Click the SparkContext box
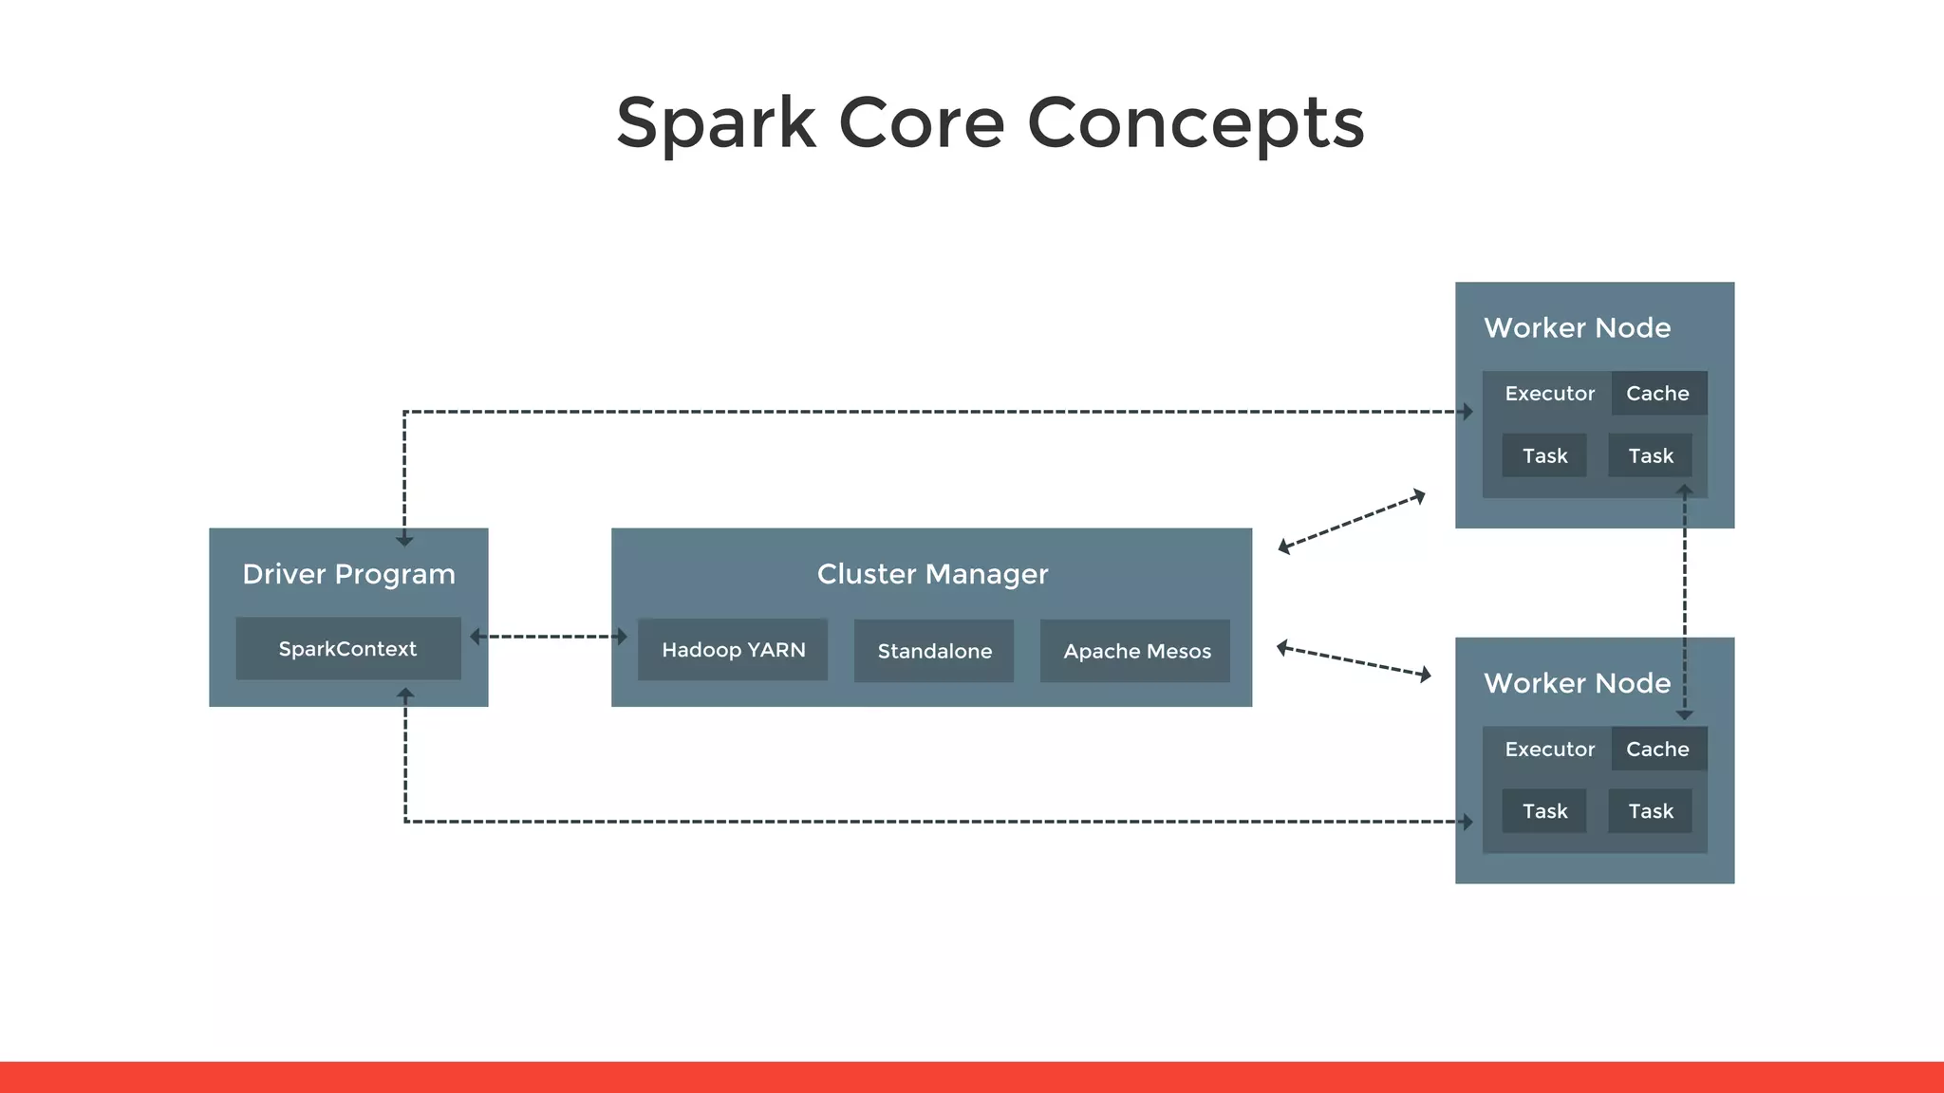point(347,649)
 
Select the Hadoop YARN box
point(733,650)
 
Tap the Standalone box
point(934,651)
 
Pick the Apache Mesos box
point(1136,651)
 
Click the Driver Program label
point(348,574)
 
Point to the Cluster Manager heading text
point(932,574)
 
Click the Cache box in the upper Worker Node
point(1658,393)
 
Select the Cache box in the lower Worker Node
point(1658,749)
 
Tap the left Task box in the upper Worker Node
point(1544,455)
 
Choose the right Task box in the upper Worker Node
point(1651,455)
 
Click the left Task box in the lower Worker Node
point(1544,811)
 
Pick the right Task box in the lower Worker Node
point(1651,811)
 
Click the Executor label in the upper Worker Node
point(1549,393)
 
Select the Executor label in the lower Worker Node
point(1549,749)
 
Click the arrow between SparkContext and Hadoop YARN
point(549,637)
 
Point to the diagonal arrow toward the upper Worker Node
point(1352,521)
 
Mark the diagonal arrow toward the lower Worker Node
point(1354,661)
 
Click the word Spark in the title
point(716,123)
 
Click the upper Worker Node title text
point(1577,328)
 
